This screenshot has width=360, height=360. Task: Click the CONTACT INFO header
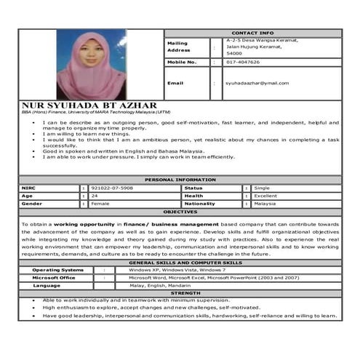252,33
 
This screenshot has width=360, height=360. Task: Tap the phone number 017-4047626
242,63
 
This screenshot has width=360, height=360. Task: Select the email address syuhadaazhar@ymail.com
256,83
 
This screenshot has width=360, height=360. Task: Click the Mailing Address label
178,47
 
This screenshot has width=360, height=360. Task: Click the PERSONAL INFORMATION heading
180,179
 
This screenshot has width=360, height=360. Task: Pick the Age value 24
95,196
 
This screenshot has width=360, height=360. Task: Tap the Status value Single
262,188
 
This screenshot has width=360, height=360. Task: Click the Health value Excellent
265,196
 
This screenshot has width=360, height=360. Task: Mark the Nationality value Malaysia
265,204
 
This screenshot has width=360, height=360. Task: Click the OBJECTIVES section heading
180,212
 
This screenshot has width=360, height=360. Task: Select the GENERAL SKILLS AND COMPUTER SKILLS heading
180,262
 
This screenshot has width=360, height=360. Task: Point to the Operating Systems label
57,270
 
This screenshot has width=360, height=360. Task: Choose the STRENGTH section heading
180,293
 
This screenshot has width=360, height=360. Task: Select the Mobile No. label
182,63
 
